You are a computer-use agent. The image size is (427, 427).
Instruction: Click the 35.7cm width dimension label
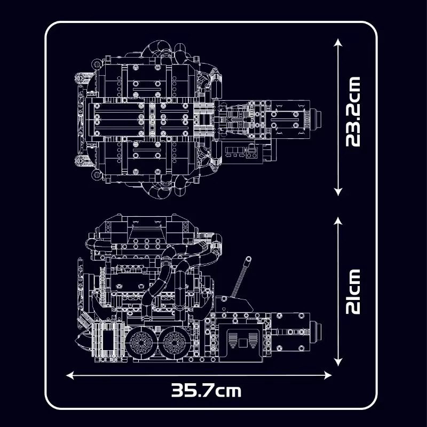coord(206,391)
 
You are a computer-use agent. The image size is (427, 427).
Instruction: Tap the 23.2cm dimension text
coord(353,112)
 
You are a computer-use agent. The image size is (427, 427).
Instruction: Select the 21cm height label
coord(353,291)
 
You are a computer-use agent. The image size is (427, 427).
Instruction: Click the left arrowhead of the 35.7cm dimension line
coord(70,376)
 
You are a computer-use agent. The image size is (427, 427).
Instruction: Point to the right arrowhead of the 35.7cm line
coord(328,376)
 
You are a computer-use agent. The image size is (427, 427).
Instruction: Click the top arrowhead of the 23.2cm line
coord(338,43)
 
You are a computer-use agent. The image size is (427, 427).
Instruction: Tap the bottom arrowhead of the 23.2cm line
coord(338,192)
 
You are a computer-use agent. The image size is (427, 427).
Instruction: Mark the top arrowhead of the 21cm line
coord(338,221)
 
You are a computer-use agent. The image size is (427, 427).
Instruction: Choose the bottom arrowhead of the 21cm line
coord(338,362)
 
